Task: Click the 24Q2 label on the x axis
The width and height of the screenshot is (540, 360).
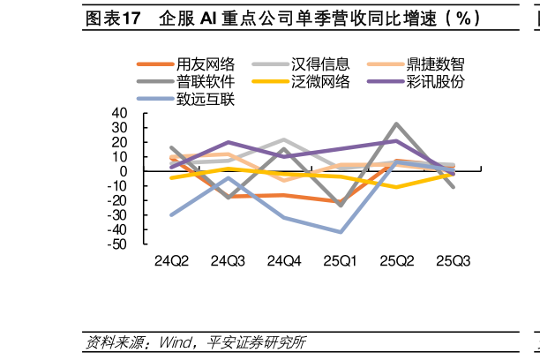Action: pos(172,261)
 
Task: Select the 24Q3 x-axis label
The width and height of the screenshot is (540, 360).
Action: pos(229,261)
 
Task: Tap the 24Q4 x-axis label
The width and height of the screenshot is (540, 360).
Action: pos(285,261)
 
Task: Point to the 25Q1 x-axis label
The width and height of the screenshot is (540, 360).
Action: pos(341,261)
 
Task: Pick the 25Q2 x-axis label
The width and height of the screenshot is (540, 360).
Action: pos(397,261)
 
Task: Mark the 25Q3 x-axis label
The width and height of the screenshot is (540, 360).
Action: pos(454,261)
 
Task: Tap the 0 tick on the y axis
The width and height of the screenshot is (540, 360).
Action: pos(124,171)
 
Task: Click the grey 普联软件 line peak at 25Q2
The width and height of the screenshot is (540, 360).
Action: pos(397,124)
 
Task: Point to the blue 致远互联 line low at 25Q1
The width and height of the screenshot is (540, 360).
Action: pos(341,232)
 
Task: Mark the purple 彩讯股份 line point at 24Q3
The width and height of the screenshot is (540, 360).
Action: pos(229,142)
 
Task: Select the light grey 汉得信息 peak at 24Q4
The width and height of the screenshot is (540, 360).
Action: pos(285,140)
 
